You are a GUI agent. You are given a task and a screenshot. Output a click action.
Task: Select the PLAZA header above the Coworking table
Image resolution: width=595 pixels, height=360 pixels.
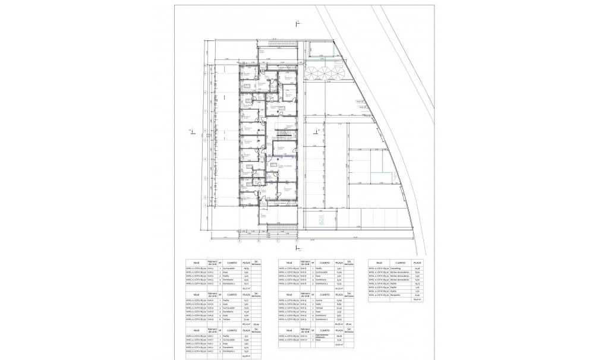pos(418,262)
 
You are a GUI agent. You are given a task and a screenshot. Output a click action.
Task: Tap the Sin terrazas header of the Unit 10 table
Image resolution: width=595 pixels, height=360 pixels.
pos(350,329)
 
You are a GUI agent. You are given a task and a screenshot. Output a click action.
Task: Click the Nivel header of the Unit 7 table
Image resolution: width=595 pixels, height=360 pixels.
pos(194,329)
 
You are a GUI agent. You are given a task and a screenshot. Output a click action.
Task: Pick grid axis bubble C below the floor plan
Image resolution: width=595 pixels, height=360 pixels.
pos(278,241)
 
